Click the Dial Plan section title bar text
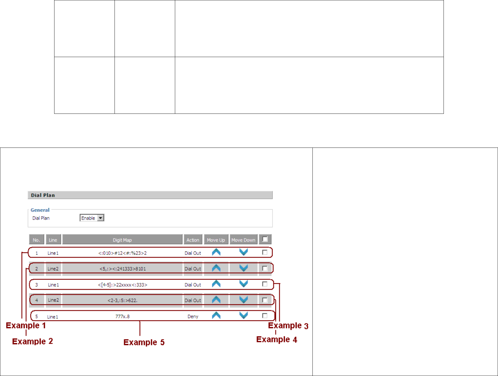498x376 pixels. [x=43, y=195]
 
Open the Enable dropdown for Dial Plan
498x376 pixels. [x=100, y=218]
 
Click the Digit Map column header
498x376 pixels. [x=122, y=240]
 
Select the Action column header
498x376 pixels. [x=193, y=240]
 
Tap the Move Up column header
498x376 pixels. [x=216, y=240]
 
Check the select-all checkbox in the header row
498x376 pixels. [x=265, y=239]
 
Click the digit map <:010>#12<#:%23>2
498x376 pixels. [x=122, y=253]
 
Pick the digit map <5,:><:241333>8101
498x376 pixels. [x=123, y=269]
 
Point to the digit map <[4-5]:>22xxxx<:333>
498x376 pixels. [x=122, y=285]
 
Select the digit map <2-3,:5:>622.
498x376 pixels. [x=122, y=300]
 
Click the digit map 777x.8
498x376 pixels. [x=122, y=317]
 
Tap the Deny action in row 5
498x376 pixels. [x=193, y=317]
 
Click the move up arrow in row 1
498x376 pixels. [x=216, y=252]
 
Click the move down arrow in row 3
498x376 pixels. [x=243, y=284]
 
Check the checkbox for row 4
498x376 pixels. [x=265, y=300]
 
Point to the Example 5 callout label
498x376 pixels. [x=144, y=342]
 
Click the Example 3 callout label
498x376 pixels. [x=288, y=326]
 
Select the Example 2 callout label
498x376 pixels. [x=33, y=341]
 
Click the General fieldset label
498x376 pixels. [x=40, y=210]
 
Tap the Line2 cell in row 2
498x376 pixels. [x=53, y=269]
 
